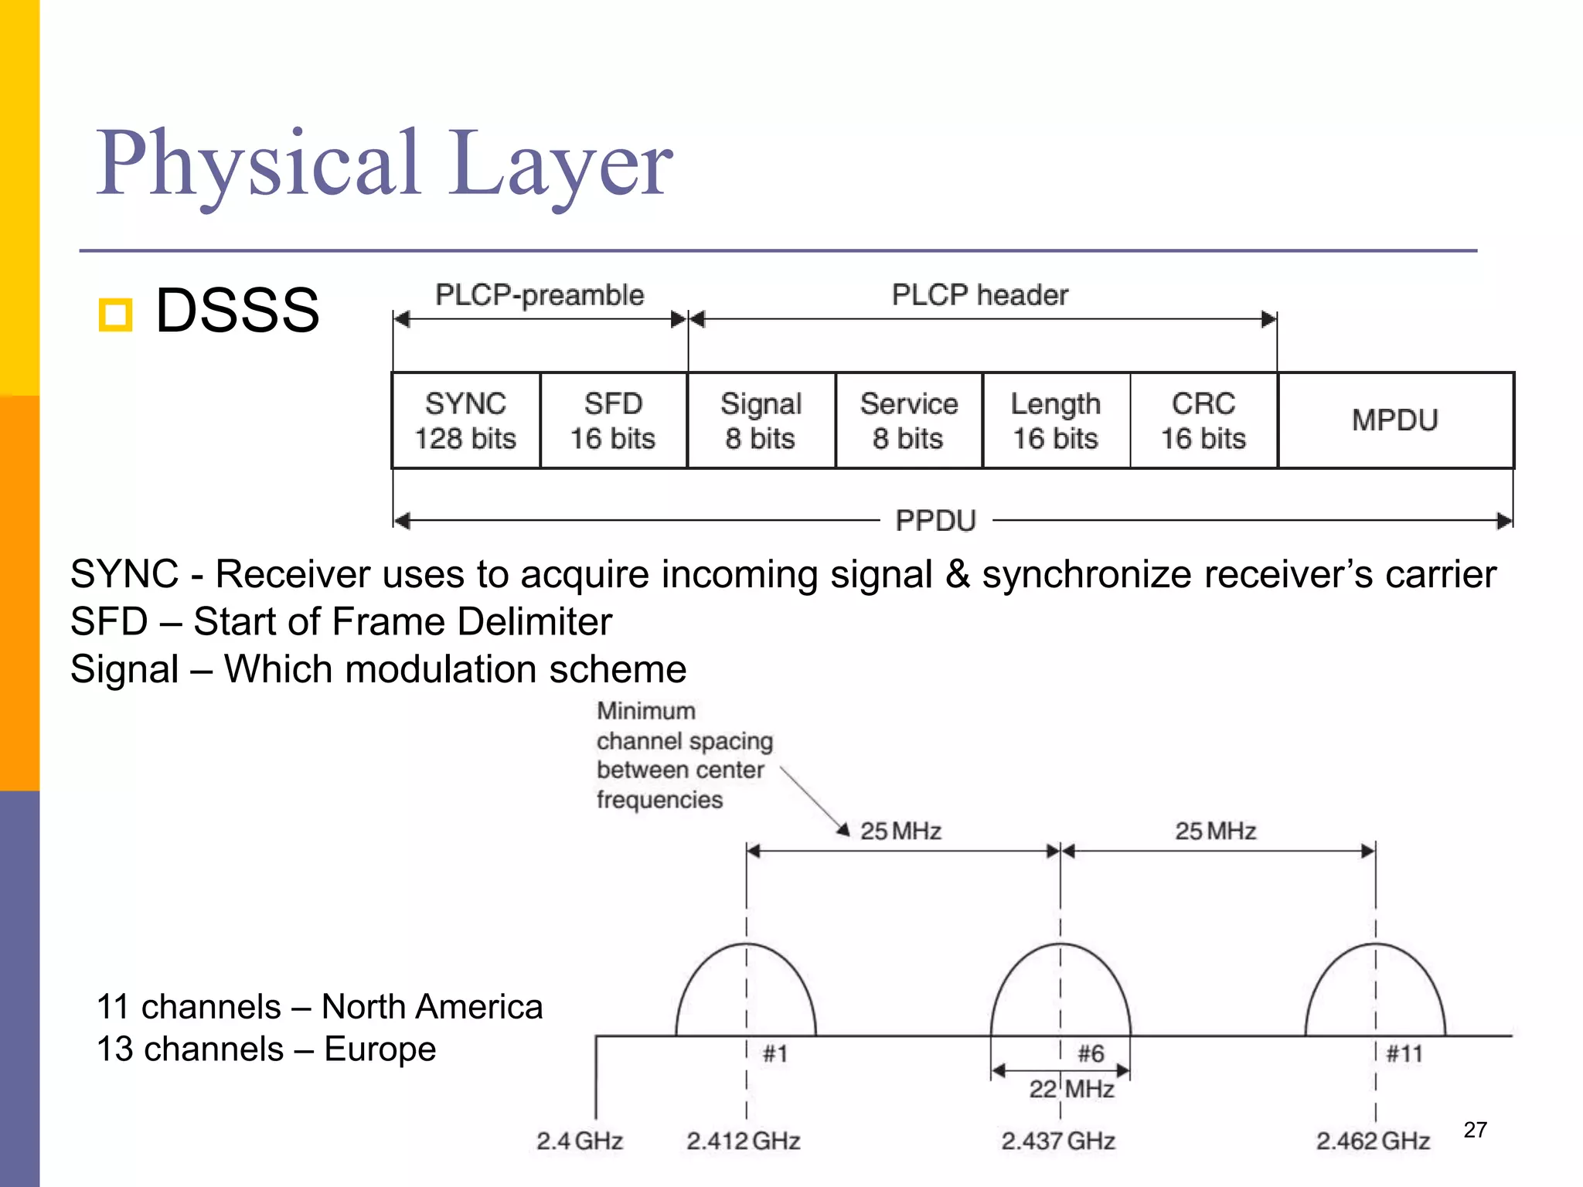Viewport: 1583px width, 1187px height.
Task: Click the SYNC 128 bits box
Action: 465,420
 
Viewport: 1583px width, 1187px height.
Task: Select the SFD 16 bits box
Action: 613,420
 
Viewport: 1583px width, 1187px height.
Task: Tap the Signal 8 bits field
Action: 761,420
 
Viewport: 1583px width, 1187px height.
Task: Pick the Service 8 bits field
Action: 908,420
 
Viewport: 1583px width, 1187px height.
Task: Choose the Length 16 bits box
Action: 1056,420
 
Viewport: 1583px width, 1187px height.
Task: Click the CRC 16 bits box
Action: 1203,420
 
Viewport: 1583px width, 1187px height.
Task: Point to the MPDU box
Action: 1395,420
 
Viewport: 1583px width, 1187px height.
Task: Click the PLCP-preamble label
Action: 540,295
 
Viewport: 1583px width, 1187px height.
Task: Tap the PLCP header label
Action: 980,295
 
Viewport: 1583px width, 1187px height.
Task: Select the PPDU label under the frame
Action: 935,521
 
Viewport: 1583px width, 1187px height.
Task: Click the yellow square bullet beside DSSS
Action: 116,315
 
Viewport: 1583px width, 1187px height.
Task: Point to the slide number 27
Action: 1475,1130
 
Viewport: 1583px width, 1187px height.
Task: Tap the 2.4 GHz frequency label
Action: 580,1141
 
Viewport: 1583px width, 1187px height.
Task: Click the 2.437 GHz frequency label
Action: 1058,1141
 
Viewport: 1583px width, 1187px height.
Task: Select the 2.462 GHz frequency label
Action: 1373,1141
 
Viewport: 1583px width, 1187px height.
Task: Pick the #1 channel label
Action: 775,1053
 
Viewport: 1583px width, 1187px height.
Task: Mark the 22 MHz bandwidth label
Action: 1071,1089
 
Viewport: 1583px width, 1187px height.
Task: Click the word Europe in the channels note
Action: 380,1049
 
